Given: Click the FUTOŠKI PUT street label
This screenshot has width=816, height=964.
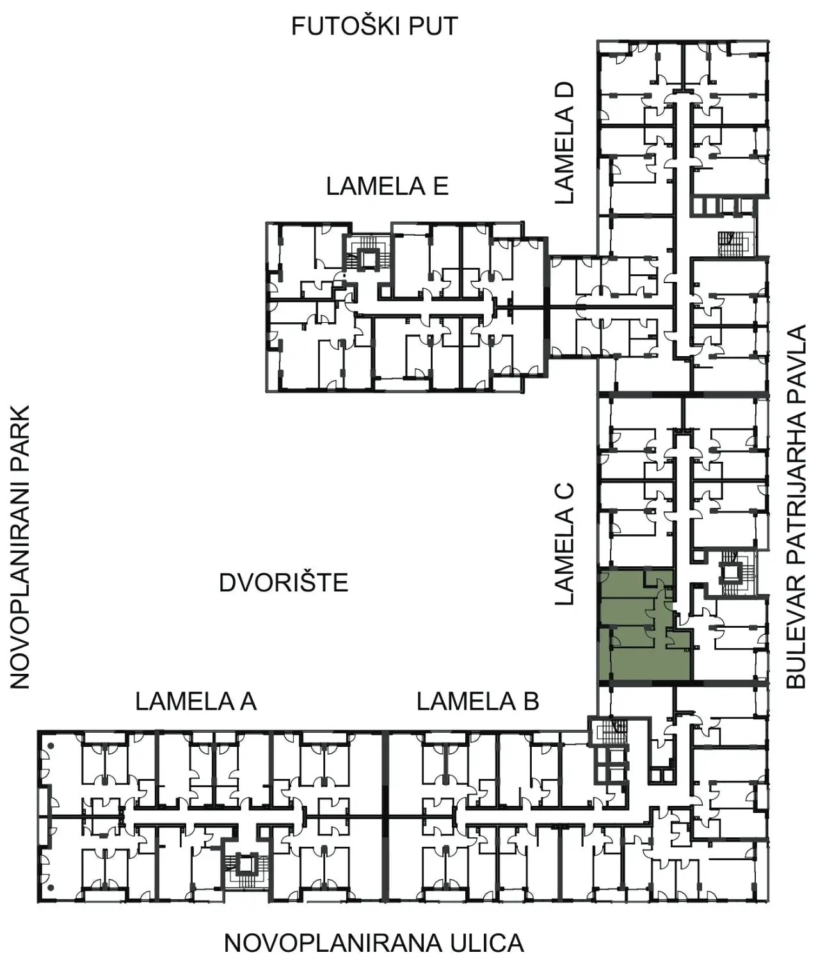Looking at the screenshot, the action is [x=374, y=26].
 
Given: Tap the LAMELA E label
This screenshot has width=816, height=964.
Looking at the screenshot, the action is [x=387, y=186].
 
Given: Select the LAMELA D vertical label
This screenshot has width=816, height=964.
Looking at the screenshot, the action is [x=564, y=143].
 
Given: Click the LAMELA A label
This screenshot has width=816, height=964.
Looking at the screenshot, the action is [x=196, y=701].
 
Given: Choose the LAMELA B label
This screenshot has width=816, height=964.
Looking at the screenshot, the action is [x=477, y=701].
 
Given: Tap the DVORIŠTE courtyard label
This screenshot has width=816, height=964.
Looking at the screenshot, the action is [x=284, y=583].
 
